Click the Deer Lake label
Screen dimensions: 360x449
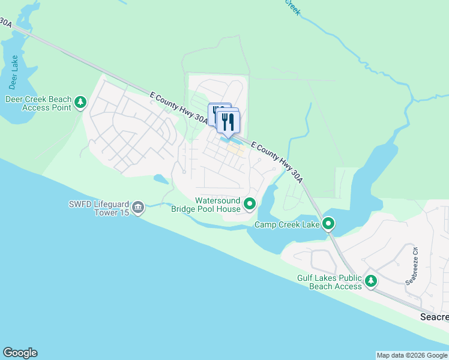[x=14, y=70]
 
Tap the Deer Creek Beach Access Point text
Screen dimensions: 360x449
[x=38, y=103]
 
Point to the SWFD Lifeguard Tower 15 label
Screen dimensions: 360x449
[x=98, y=208]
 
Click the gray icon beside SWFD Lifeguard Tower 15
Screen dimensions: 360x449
[x=138, y=208]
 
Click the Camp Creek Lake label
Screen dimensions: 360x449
[x=287, y=224]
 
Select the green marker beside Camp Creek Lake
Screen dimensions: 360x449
[x=328, y=224]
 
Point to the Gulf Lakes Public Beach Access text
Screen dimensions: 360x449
[x=330, y=282]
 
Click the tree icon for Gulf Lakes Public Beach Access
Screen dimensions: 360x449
[x=371, y=280]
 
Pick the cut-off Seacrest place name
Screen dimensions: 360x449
[x=433, y=316]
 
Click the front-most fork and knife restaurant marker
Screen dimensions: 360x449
[x=228, y=122]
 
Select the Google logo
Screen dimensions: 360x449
[x=20, y=353]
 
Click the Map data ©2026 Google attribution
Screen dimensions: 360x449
[x=412, y=355]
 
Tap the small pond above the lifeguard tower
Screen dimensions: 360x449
[x=160, y=178]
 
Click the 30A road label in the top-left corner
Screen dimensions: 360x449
[x=6, y=23]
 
